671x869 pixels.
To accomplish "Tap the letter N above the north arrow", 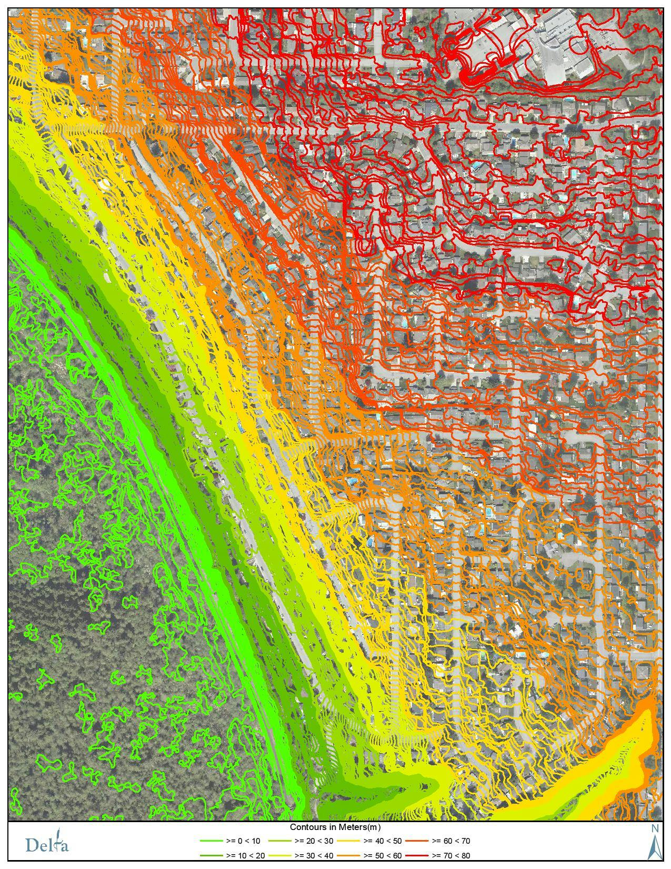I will point(655,828).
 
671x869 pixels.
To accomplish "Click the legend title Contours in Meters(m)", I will point(335,827).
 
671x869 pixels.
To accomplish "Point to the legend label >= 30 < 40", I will point(313,855).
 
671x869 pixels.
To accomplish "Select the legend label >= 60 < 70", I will point(450,841).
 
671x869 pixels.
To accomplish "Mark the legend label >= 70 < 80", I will point(450,855).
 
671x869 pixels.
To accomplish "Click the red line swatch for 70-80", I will point(416,855).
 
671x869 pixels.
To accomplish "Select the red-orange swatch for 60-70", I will point(416,841).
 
